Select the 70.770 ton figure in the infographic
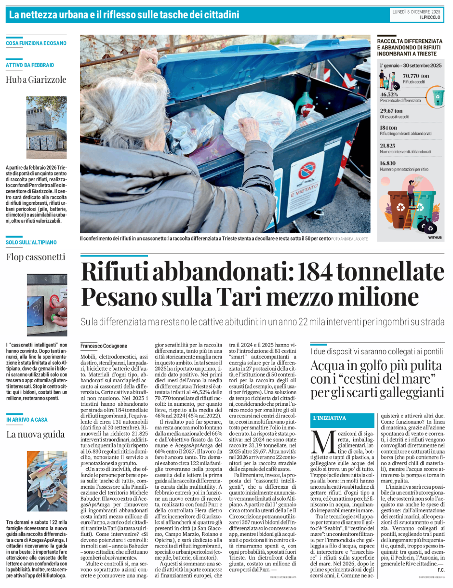pyautogui.click(x=415, y=76)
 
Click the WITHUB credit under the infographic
pyautogui.click(x=435, y=238)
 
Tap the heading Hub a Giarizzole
pyautogui.click(x=36, y=80)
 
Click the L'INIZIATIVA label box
pyautogui.click(x=330, y=418)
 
